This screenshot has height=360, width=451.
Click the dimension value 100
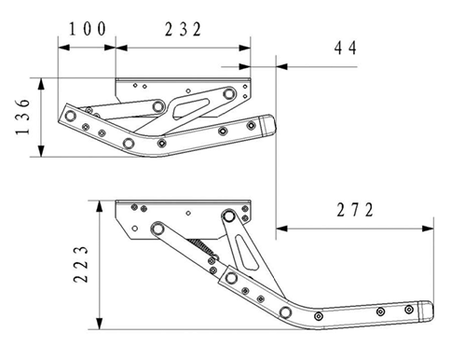coord(88,29)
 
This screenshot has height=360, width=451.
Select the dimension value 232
coord(183,30)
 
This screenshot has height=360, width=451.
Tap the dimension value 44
coord(346,48)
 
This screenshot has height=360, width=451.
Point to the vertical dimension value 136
coord(22,117)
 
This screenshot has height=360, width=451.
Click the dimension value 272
coord(355,210)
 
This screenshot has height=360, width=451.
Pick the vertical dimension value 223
coord(81,265)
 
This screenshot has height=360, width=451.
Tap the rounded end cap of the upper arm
coord(268,125)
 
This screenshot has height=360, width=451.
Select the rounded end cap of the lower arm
coord(426,311)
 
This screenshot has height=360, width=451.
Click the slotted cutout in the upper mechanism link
coord(190,107)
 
